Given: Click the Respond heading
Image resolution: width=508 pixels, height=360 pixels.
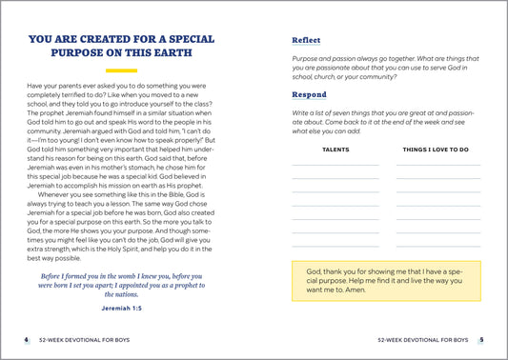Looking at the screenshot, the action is [309, 95].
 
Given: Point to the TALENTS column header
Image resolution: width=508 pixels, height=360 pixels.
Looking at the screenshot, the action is [335, 150].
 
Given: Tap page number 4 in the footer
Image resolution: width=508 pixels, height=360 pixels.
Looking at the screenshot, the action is [26, 339].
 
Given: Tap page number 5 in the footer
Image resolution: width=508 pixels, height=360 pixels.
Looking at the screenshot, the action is [482, 339].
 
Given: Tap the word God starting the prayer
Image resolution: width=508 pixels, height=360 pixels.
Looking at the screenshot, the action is [315, 271].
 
